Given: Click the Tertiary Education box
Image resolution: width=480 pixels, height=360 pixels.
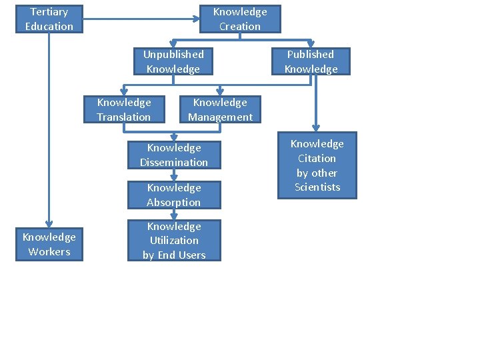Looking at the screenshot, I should [49, 19].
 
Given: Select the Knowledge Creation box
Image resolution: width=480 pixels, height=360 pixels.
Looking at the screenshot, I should [240, 19].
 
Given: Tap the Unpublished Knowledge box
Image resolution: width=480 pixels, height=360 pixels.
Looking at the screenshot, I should [173, 61].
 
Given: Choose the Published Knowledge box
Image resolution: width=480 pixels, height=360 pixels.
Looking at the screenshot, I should [311, 61].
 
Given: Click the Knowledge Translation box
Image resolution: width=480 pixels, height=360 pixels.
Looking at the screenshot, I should [124, 109].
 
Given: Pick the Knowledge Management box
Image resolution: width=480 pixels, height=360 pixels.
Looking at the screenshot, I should [220, 109].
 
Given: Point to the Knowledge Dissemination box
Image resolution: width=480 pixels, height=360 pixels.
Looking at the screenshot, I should [174, 155].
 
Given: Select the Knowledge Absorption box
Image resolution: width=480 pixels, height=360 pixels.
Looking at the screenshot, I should [174, 195].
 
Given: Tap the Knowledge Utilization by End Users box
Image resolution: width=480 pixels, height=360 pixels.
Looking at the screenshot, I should [174, 241].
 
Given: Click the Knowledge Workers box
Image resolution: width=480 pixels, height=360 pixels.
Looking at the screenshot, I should [49, 244].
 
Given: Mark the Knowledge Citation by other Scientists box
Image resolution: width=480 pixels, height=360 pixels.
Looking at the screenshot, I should [317, 165].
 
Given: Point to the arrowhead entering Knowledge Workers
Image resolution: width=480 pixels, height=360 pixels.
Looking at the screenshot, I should [49, 225].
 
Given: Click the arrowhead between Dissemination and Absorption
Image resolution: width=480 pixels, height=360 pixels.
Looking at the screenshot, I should [174, 178].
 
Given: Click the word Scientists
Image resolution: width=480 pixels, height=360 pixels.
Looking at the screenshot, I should [317, 187].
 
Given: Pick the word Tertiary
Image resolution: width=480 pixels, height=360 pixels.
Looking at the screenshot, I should [49, 12].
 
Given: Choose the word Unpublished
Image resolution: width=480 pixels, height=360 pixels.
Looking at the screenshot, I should [173, 54].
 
